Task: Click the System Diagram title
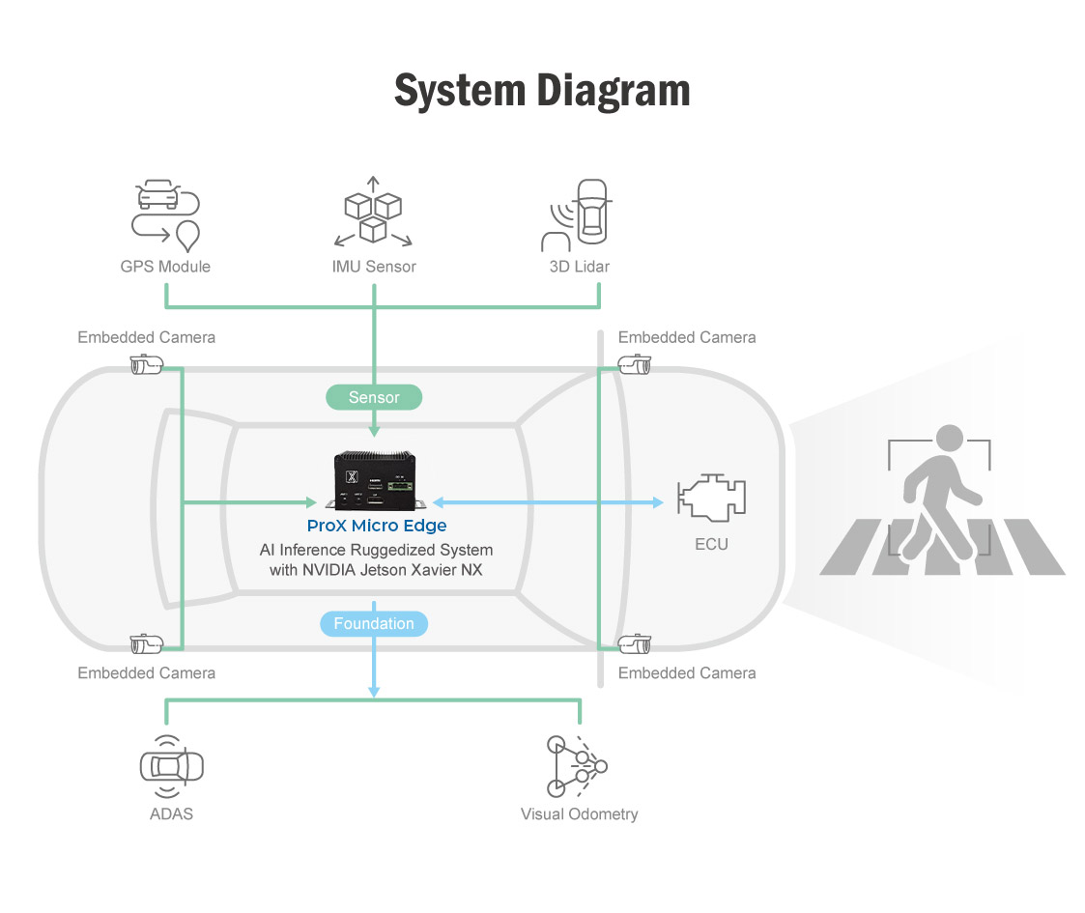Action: click(x=542, y=91)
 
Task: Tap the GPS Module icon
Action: click(x=165, y=212)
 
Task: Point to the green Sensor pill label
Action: click(x=374, y=397)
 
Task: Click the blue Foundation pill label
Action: click(x=374, y=624)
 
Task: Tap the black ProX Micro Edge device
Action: click(x=377, y=479)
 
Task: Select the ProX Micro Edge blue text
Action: click(x=377, y=526)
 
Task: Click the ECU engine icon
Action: click(x=712, y=498)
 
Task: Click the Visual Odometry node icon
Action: click(x=577, y=766)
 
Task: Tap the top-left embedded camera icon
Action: click(x=146, y=365)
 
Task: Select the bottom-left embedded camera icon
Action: click(x=146, y=644)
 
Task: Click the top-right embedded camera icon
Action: click(x=635, y=365)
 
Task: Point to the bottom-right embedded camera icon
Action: click(x=635, y=644)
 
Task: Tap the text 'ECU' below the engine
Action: click(x=712, y=544)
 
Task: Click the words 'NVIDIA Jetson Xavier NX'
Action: click(x=399, y=570)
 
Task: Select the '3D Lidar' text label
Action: click(x=580, y=267)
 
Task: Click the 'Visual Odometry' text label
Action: click(x=579, y=813)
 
